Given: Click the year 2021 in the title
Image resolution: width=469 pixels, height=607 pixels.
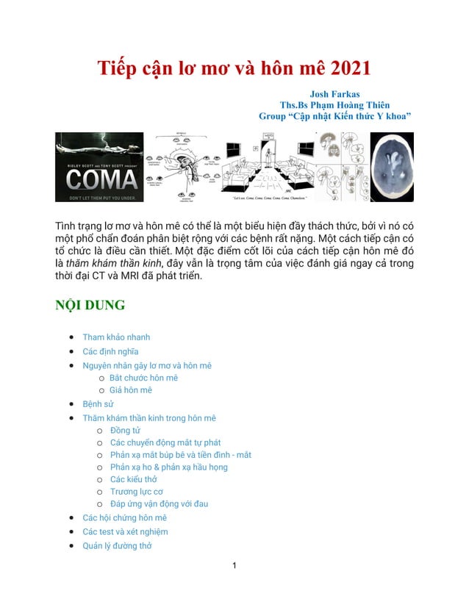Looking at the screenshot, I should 342,68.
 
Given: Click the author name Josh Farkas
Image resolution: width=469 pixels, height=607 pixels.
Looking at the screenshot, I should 334,94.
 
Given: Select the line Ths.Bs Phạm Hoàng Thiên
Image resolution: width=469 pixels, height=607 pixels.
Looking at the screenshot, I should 334,105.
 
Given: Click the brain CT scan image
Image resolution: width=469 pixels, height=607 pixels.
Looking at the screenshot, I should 391,167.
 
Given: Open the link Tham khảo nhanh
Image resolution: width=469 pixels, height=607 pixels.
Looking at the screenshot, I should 116,337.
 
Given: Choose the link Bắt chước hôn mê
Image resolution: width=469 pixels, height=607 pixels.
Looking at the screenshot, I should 143,378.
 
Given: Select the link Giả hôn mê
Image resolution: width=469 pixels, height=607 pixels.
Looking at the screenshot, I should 131,390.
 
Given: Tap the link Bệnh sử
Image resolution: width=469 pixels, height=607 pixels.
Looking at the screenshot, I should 99,404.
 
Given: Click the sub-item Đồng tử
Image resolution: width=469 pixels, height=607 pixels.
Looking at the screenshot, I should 125,431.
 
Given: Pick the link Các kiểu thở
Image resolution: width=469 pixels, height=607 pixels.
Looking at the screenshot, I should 133,479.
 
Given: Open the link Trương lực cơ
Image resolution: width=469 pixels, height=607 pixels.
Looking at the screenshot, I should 137,492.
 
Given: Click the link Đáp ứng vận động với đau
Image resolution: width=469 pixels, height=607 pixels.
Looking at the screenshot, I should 160,504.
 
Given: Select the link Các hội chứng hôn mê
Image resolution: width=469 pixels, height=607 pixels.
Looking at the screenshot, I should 124,517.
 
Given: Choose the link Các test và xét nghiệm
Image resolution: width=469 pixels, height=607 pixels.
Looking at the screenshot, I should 125,531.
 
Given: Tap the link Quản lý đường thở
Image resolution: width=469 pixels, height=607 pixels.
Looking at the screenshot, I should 117,545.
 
